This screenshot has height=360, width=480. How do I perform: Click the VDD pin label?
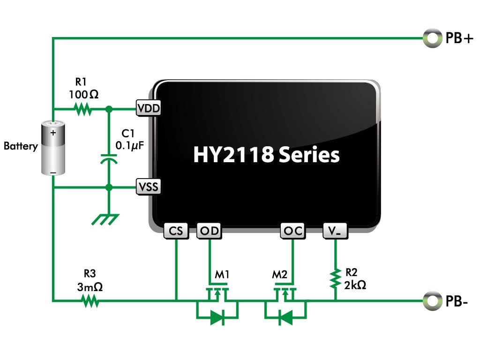point(149,108)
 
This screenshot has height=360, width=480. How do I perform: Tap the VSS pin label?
point(149,187)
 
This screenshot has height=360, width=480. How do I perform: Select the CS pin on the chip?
point(176,231)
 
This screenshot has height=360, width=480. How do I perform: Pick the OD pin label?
point(210,231)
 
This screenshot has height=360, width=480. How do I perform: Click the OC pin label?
point(293,231)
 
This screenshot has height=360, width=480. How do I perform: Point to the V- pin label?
point(335,231)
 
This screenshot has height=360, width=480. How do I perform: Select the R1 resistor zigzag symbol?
point(83,109)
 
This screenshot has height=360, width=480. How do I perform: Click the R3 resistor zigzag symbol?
point(90,301)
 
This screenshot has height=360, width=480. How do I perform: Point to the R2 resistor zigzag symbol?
point(336,278)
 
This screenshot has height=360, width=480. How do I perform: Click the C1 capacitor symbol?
point(109,158)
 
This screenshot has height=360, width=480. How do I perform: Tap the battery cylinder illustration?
point(53,148)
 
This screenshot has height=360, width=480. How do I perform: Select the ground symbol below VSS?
point(105,219)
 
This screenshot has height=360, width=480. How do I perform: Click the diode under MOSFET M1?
point(217,318)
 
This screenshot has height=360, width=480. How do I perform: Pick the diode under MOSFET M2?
point(285,318)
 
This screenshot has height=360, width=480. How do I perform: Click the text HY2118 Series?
point(266,154)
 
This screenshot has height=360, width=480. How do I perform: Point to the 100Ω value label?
point(83,95)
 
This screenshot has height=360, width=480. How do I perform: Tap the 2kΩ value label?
point(355,285)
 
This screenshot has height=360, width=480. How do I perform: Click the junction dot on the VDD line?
point(109,109)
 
